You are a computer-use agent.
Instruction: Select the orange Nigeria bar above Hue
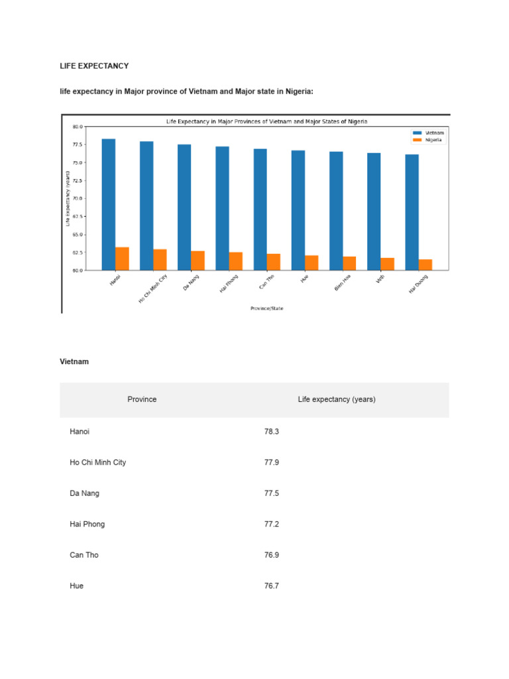pos(311,263)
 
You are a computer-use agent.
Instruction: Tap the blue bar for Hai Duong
pos(412,212)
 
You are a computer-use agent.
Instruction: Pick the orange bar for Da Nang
pos(198,261)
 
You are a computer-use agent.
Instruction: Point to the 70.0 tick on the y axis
pos(78,198)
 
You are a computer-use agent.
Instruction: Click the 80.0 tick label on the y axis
pos(78,126)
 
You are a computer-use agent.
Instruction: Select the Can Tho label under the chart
pos(268,282)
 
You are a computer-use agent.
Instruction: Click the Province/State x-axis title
pos(266,308)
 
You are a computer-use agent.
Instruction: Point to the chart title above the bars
pos(266,121)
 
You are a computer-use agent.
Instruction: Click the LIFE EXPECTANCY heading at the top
pos(94,66)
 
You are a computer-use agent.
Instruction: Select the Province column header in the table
pos(142,399)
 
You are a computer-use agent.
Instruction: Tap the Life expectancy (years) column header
pos(337,399)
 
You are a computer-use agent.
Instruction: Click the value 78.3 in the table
pos(272,431)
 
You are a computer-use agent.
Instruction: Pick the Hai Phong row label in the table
pos(87,524)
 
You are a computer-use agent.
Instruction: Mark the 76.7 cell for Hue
pos(272,586)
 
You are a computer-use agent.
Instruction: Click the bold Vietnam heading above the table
pos(74,361)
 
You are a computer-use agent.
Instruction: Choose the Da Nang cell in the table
pos(84,493)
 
